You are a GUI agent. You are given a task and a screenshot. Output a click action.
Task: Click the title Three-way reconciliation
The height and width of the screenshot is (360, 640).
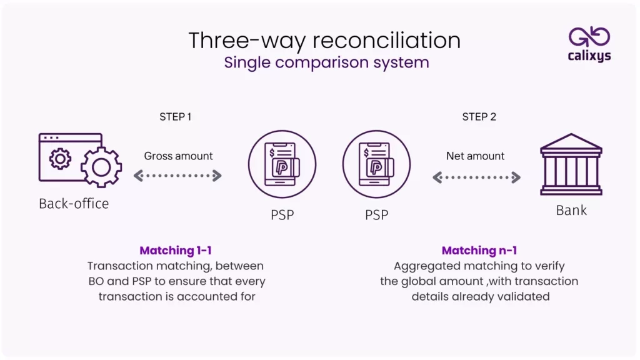coord(324,41)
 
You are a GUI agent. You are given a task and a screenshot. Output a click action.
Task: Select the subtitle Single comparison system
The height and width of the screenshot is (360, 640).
coord(326,62)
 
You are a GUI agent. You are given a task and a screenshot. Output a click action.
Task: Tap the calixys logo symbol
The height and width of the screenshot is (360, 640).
coord(589,37)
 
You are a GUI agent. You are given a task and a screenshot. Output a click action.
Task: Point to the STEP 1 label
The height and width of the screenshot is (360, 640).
coord(176,117)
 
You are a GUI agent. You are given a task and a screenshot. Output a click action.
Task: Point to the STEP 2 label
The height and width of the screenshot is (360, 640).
coord(479,117)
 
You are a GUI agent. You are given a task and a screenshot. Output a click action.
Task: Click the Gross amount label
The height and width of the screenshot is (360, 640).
coord(178,156)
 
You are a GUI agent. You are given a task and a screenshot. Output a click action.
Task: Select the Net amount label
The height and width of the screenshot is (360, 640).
coord(476,156)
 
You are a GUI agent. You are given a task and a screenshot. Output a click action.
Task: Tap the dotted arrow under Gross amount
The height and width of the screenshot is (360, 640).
coord(178,176)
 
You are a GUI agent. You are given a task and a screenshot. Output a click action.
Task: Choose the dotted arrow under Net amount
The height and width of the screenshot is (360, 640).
coord(477,177)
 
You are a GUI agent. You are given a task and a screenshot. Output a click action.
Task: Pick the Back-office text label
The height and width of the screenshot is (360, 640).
coord(74,204)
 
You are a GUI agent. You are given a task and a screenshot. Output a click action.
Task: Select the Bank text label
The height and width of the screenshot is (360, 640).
coord(571,210)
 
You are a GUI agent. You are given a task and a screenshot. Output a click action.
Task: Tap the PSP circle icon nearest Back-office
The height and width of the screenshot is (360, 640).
coord(282,164)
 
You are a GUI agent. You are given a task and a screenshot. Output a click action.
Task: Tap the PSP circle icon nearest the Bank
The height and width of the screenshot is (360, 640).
coord(376,164)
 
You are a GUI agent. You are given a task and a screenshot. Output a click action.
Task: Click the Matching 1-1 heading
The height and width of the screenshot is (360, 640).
coord(176,251)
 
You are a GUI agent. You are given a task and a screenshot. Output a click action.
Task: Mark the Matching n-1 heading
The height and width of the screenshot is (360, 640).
coord(479,251)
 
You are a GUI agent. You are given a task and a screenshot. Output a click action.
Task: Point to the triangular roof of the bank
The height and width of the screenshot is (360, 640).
coord(571,142)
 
